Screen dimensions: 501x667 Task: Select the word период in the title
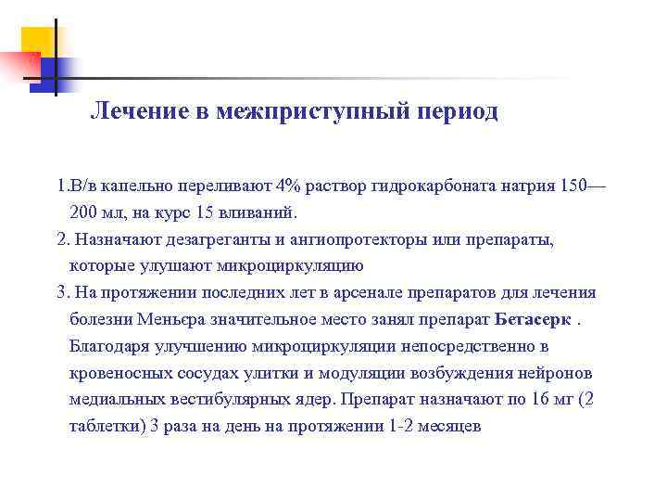pyautogui.click(x=457, y=112)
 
